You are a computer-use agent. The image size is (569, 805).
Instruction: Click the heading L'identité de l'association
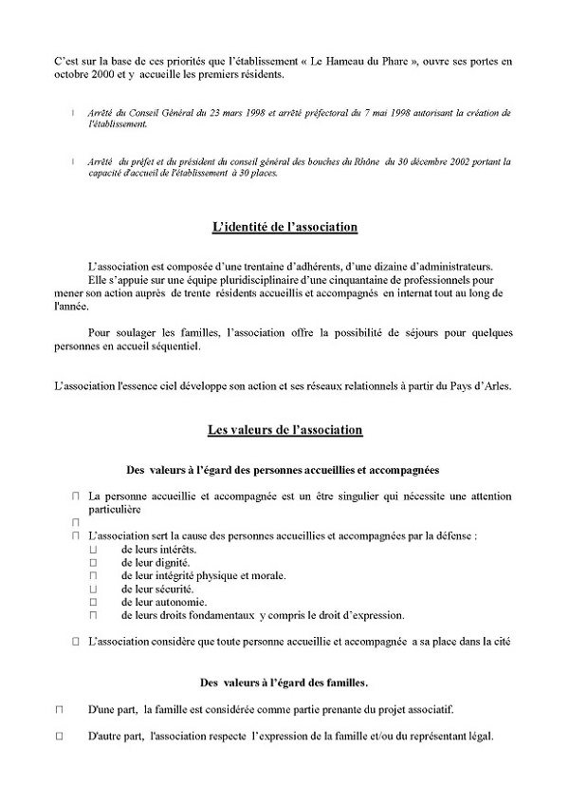tap(284, 227)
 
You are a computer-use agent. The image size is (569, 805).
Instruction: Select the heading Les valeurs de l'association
tap(284, 430)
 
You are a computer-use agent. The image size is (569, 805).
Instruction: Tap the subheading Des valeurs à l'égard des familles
tap(284, 682)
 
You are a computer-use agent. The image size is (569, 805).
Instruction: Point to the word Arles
tap(493, 384)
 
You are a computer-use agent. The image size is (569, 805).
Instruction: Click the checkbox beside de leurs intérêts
tap(94, 550)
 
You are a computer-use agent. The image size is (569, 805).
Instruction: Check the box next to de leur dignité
tap(94, 563)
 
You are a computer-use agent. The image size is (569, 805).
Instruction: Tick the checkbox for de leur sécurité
tap(94, 589)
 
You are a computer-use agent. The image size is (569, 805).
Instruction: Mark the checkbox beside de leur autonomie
tap(94, 602)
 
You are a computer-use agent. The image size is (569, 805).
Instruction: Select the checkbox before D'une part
tap(59, 709)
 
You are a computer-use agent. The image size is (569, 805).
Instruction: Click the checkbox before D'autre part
tap(59, 736)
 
